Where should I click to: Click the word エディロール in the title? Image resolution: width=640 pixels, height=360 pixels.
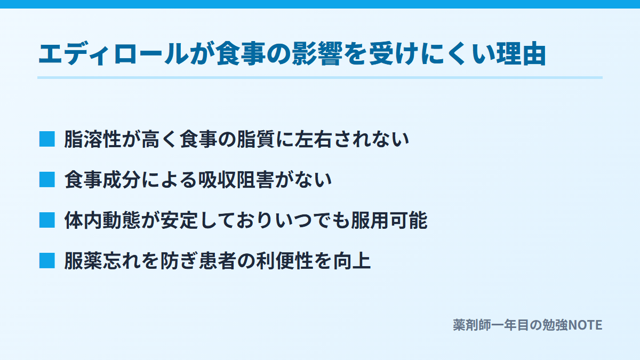click(x=114, y=54)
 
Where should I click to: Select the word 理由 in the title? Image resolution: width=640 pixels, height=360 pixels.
click(x=521, y=54)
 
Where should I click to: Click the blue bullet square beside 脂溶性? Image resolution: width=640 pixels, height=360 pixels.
click(x=47, y=139)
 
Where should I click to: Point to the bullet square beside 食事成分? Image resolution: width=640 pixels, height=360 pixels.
click(x=47, y=180)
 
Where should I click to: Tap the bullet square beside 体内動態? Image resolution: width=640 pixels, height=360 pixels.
click(x=47, y=220)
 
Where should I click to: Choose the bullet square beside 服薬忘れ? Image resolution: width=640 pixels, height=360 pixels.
click(x=47, y=261)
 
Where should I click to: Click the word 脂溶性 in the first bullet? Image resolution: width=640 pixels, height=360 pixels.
click(x=93, y=139)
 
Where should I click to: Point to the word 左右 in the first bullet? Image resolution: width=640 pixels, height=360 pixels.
click(x=314, y=139)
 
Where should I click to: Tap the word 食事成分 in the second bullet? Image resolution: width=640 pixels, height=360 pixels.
click(x=102, y=180)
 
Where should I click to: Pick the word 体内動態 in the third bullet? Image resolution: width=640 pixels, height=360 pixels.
click(x=102, y=220)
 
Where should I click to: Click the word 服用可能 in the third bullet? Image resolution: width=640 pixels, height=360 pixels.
click(x=389, y=220)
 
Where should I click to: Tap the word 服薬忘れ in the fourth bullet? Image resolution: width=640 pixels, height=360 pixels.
click(x=102, y=261)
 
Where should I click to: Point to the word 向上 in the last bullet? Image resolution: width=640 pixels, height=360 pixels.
click(x=352, y=261)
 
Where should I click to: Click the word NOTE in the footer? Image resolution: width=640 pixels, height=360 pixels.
click(x=585, y=325)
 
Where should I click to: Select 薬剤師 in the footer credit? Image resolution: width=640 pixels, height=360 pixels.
click(x=472, y=325)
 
